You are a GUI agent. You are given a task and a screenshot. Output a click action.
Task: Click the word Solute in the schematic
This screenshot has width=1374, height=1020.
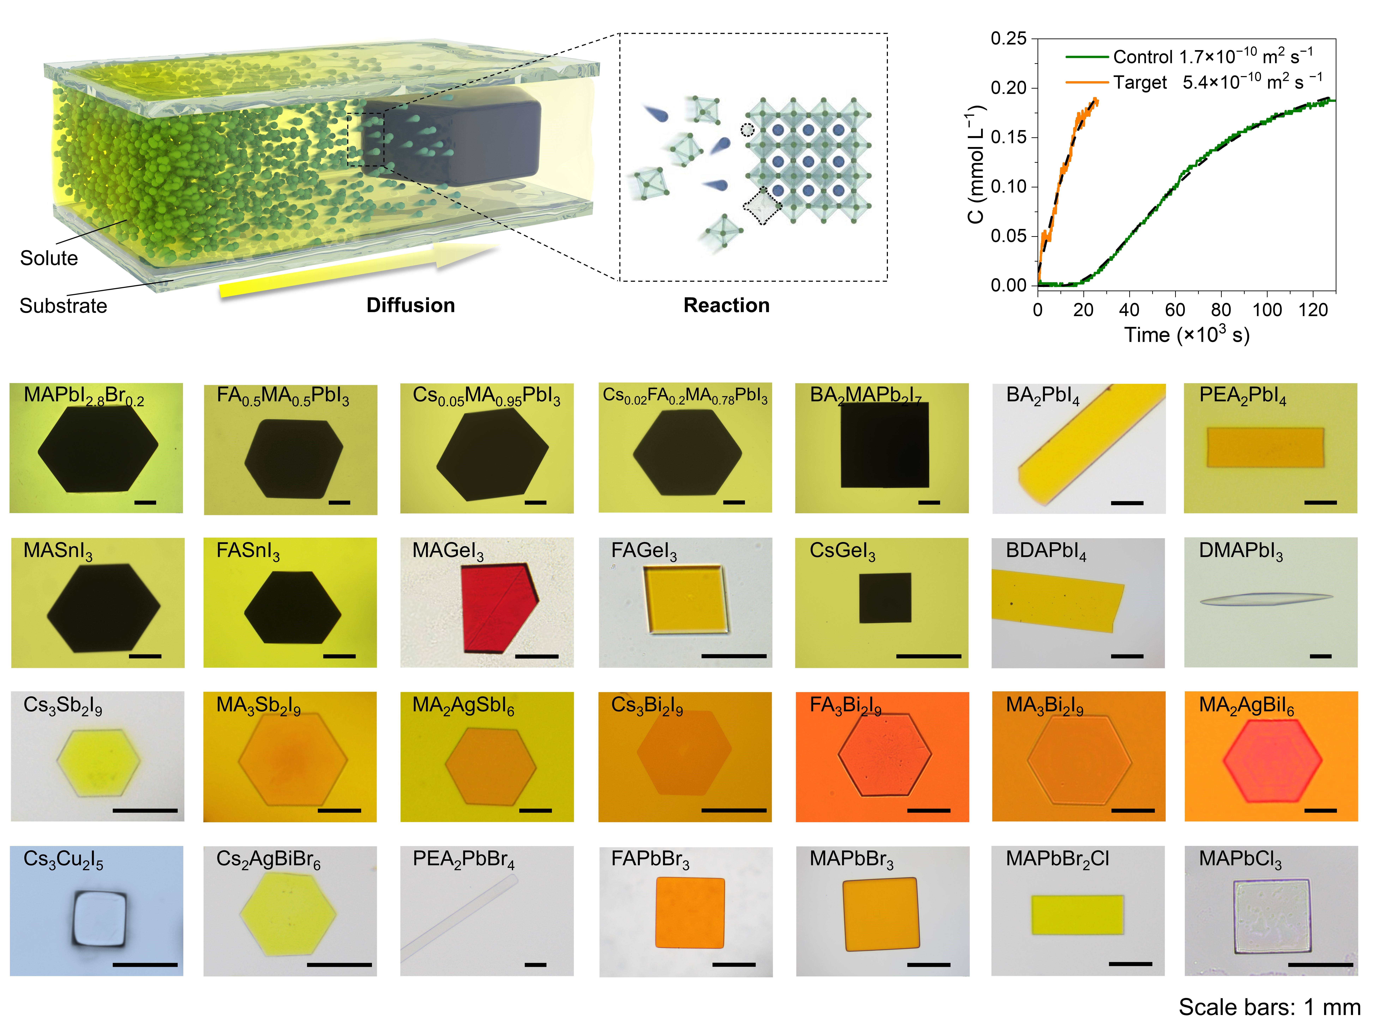coord(49,258)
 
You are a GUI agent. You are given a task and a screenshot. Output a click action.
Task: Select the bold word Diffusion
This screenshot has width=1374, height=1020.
coord(410,305)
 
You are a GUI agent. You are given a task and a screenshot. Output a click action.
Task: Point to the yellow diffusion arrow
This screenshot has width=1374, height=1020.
coord(358,272)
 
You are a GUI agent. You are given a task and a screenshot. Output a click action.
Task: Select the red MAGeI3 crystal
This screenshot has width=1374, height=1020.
coord(497,608)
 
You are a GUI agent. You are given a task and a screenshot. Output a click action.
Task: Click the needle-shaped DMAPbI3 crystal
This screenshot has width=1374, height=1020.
coord(1265,599)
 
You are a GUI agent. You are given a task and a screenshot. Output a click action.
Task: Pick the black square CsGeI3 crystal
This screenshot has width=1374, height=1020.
coord(885,598)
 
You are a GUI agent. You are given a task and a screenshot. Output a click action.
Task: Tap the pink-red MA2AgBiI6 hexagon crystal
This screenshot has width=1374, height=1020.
coord(1271,761)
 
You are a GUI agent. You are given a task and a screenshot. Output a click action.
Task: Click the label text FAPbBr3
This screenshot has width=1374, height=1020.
coord(650,859)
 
